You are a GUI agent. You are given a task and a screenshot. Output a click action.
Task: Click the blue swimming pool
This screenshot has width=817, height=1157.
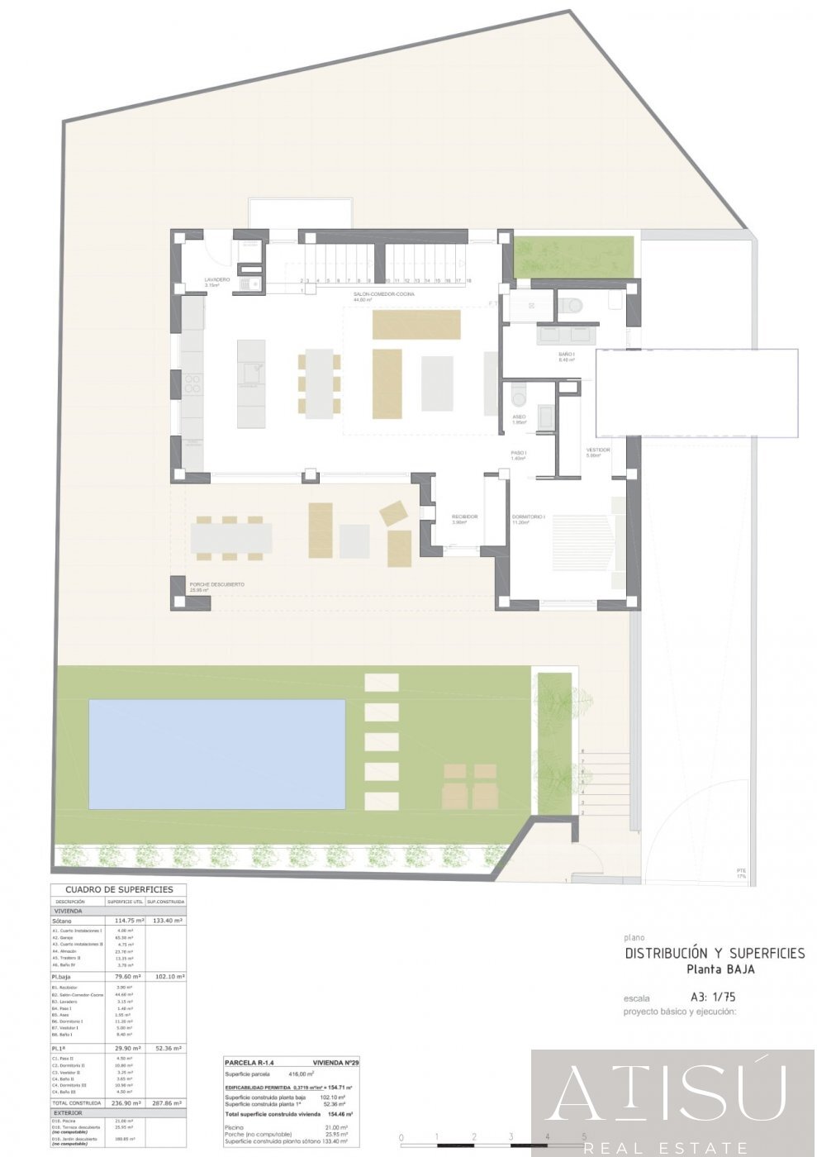(216, 754)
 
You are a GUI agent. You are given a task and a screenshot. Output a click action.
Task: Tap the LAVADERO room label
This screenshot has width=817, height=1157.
(217, 280)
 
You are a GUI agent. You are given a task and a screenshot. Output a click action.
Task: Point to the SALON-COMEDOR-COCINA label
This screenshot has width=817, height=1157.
(384, 294)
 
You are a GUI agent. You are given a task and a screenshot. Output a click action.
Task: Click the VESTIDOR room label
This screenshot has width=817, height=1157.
(598, 450)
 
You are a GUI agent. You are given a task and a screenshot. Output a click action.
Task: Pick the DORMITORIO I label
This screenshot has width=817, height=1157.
(528, 517)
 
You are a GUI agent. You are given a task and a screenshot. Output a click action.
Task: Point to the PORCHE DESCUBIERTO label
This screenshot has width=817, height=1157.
(216, 584)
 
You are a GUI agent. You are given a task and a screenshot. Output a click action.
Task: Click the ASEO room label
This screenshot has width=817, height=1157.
(519, 417)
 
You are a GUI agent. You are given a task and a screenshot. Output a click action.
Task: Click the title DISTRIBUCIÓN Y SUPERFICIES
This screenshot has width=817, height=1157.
(715, 953)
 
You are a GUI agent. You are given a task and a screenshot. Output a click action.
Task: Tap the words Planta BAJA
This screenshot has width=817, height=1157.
(720, 969)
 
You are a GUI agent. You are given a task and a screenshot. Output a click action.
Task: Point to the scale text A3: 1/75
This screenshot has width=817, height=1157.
(713, 997)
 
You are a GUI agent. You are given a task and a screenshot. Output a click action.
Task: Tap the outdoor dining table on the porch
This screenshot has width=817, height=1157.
(231, 538)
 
